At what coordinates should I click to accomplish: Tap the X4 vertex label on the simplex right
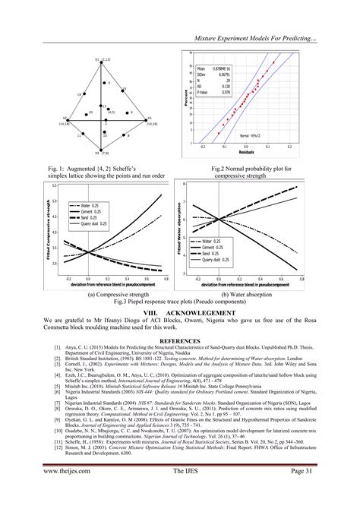coord(150,118)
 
